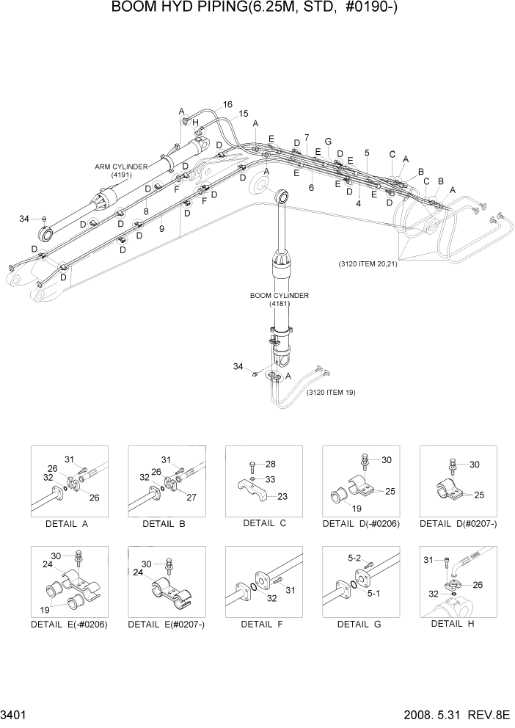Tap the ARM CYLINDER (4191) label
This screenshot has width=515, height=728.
(x=121, y=170)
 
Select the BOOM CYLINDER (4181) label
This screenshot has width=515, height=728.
(x=280, y=299)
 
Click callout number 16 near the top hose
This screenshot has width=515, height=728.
(x=227, y=105)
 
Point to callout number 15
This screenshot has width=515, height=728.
(x=243, y=114)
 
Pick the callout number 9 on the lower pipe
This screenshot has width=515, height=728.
(x=161, y=229)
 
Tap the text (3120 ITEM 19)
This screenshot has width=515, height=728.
(x=330, y=393)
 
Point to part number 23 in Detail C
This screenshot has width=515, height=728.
(x=282, y=496)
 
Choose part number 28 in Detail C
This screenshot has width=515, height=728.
(x=271, y=465)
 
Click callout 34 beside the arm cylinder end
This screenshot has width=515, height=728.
(x=24, y=219)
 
